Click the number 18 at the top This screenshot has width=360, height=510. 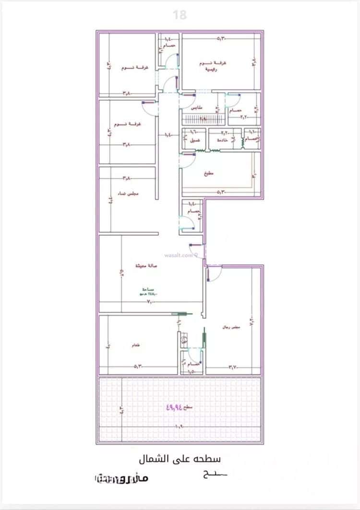(180, 15)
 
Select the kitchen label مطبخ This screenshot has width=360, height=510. (207, 172)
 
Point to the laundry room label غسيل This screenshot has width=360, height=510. (194, 140)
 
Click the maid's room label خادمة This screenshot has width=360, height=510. (222, 140)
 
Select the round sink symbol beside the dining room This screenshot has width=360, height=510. (183, 339)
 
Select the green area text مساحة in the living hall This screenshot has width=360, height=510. (148, 289)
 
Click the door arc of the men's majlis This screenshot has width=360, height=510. (214, 274)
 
